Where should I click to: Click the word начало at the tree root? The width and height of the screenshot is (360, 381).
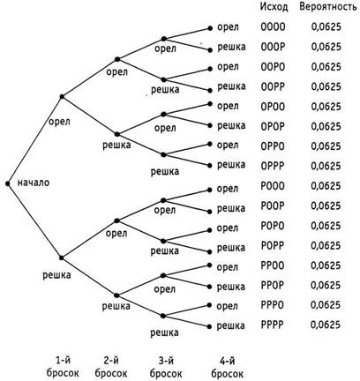pyautogui.click(x=34, y=183)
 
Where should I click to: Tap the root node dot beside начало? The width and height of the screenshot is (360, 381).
pyautogui.click(x=8, y=183)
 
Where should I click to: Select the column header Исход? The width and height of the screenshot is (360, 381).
pyautogui.click(x=274, y=7)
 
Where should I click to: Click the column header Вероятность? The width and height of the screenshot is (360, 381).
pyautogui.click(x=328, y=7)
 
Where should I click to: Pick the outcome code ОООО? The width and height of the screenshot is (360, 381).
pyautogui.click(x=273, y=27)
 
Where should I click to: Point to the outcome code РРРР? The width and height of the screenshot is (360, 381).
pyautogui.click(x=273, y=325)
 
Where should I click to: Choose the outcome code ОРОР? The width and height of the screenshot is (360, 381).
pyautogui.click(x=273, y=126)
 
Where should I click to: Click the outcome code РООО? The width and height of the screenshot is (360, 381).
pyautogui.click(x=273, y=186)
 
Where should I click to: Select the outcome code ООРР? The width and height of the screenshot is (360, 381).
pyautogui.click(x=273, y=86)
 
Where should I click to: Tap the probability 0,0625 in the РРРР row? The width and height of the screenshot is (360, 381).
pyautogui.click(x=326, y=325)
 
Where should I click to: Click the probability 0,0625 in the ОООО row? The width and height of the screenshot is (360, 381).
pyautogui.click(x=326, y=27)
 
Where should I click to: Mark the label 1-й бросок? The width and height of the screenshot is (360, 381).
pyautogui.click(x=63, y=368)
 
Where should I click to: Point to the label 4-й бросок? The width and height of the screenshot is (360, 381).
pyautogui.click(x=228, y=368)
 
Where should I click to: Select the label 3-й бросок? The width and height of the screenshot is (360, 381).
pyautogui.click(x=166, y=368)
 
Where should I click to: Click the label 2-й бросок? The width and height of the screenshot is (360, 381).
pyautogui.click(x=111, y=368)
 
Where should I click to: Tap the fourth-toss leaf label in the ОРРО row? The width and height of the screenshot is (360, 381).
pyautogui.click(x=228, y=146)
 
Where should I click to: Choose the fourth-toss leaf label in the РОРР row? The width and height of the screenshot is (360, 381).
pyautogui.click(x=231, y=248)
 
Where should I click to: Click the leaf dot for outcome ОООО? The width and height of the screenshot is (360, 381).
pyautogui.click(x=210, y=28)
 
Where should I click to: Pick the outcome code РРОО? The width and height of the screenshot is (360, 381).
pyautogui.click(x=273, y=265)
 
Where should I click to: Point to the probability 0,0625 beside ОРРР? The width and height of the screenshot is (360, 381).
pyautogui.click(x=326, y=166)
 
